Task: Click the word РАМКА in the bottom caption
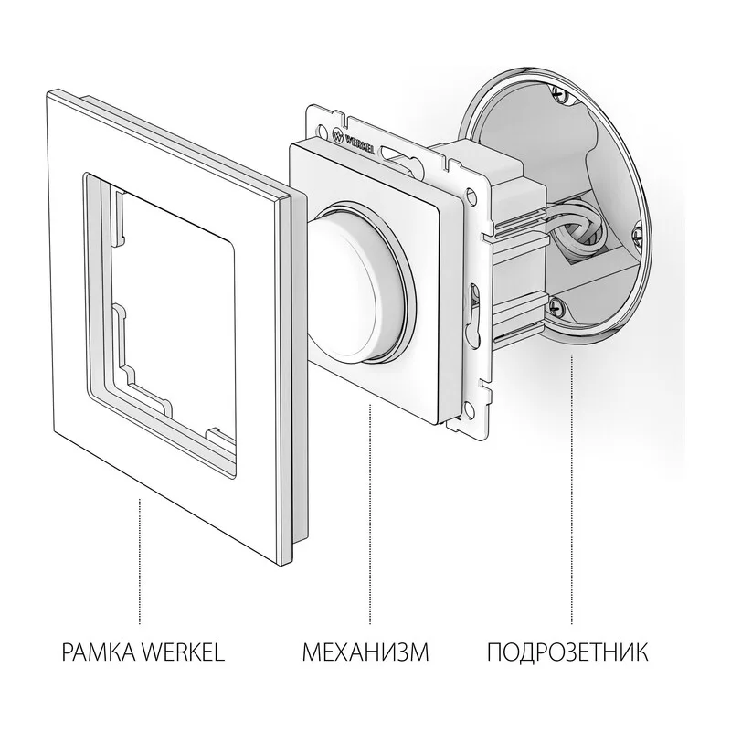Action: pyautogui.click(x=100, y=652)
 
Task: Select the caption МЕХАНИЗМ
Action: pyautogui.click(x=365, y=652)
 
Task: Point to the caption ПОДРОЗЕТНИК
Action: pyautogui.click(x=567, y=652)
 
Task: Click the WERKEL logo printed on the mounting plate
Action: pyautogui.click(x=355, y=140)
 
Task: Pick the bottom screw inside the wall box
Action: pyautogui.click(x=556, y=307)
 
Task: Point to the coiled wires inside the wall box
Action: pyautogui.click(x=580, y=230)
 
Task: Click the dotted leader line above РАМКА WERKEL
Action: pyautogui.click(x=140, y=561)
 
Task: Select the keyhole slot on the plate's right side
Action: pyautogui.click(x=474, y=313)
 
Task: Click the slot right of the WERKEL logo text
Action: pyautogui.click(x=393, y=154)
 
